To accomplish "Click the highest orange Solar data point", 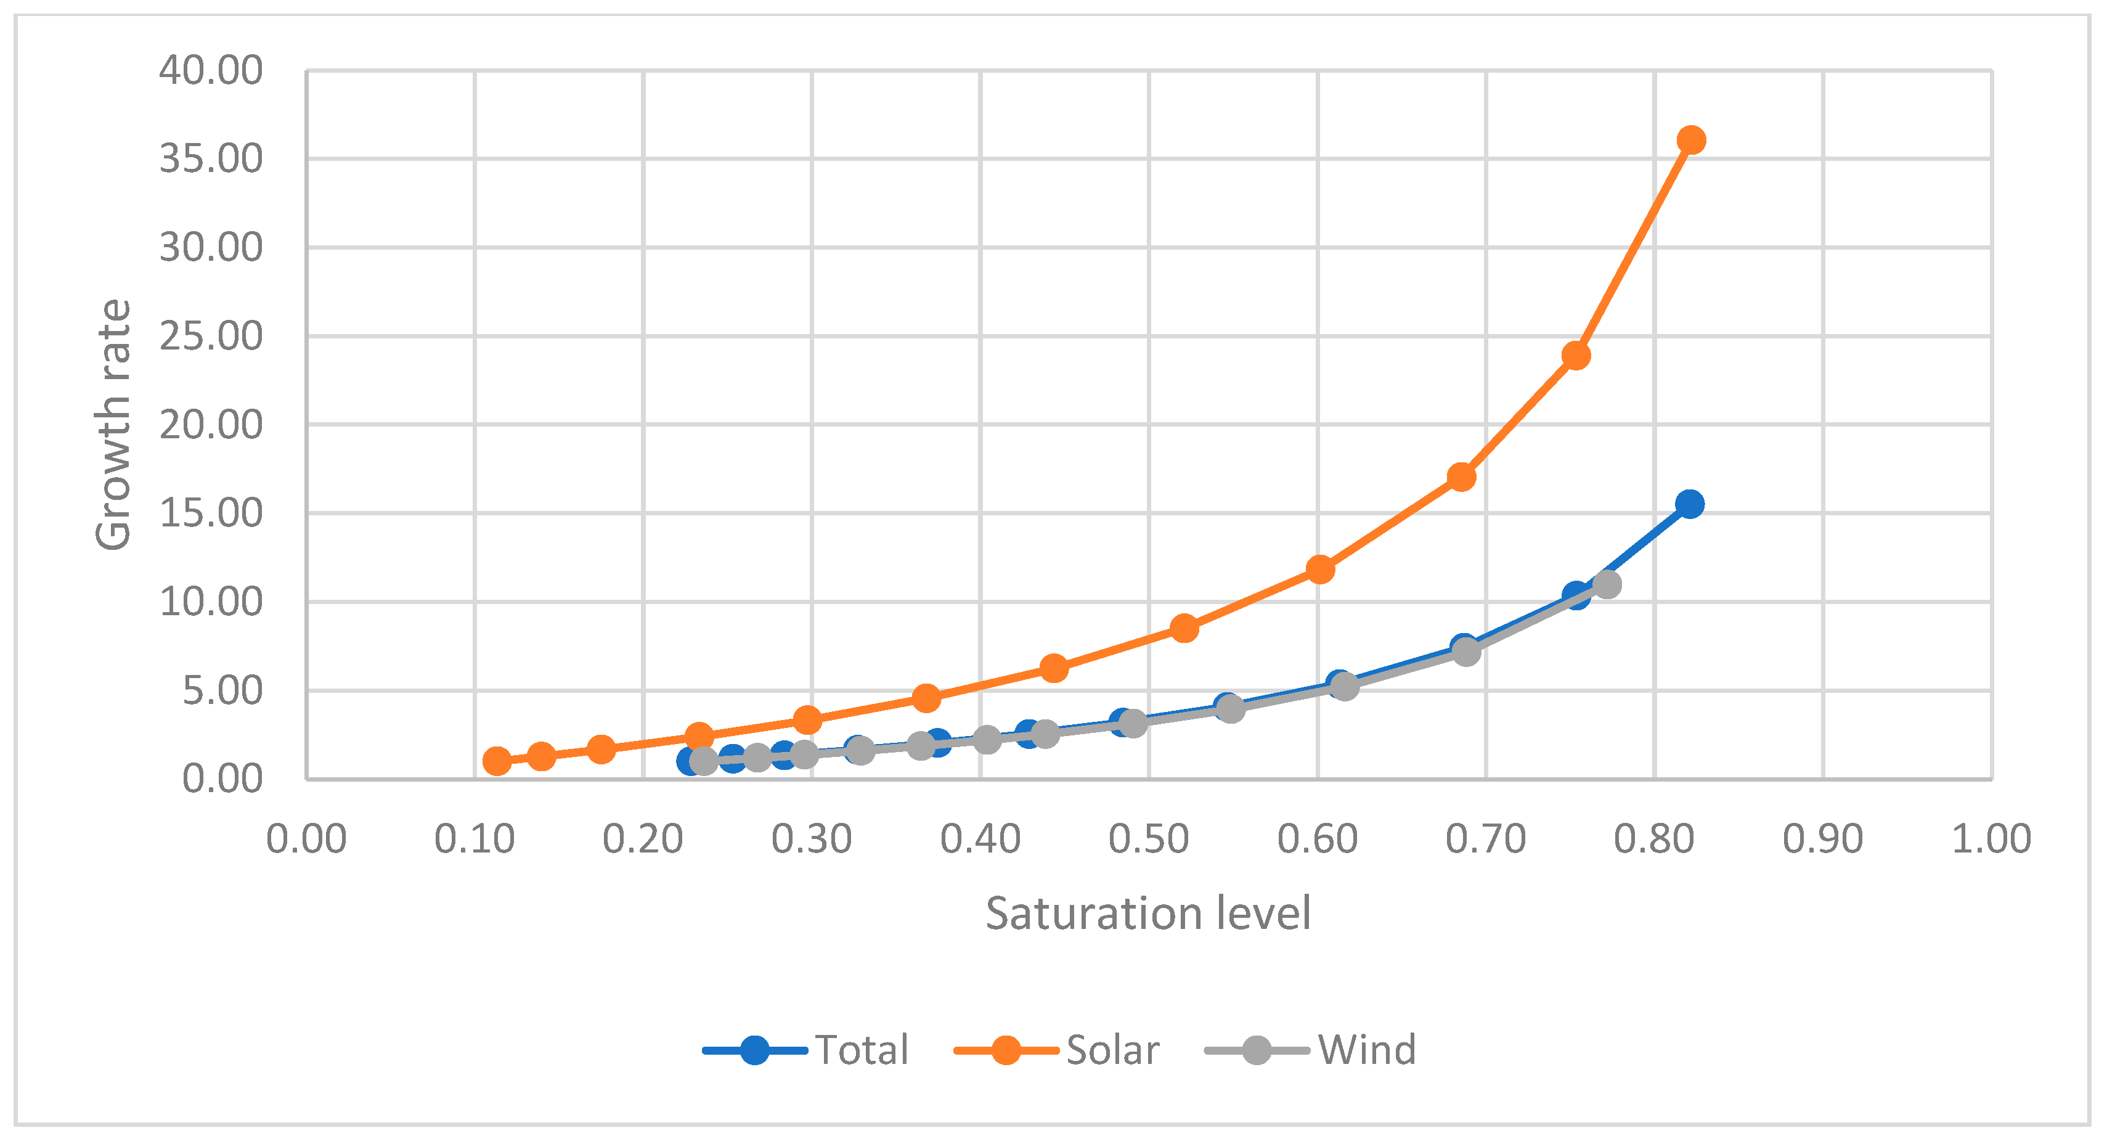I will pyautogui.click(x=1690, y=140).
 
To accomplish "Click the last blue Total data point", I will pyautogui.click(x=1689, y=504).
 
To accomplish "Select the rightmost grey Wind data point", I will pyautogui.click(x=1607, y=584).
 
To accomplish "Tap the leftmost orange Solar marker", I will pyautogui.click(x=497, y=761).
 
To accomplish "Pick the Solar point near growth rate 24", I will pyautogui.click(x=1575, y=356).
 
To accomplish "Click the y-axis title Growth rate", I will pyautogui.click(x=113, y=425).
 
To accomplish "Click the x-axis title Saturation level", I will pyautogui.click(x=1147, y=914).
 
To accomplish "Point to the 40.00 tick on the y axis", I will pyautogui.click(x=211, y=70).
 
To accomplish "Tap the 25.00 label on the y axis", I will pyautogui.click(x=211, y=336).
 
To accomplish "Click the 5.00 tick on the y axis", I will pyautogui.click(x=222, y=690).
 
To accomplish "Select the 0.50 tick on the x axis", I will pyautogui.click(x=1148, y=838).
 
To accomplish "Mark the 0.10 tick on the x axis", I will pyautogui.click(x=475, y=838).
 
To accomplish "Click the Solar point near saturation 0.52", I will pyautogui.click(x=1184, y=628).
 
